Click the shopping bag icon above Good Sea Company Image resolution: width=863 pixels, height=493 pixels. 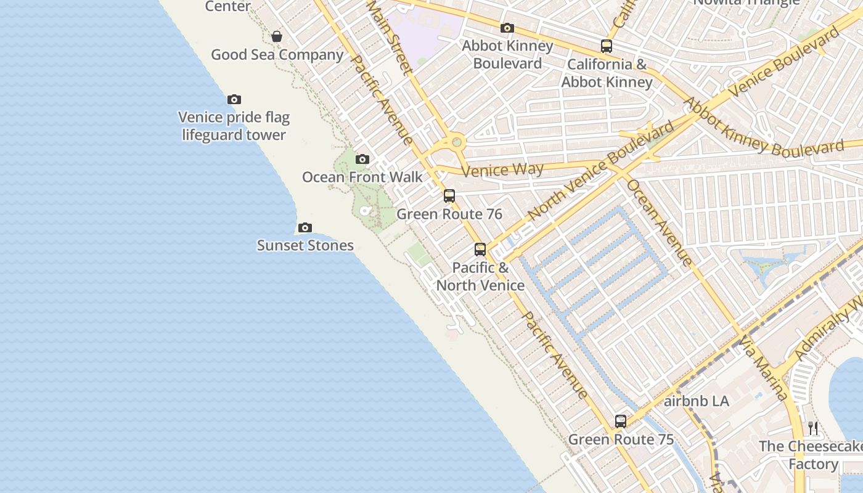click(277, 36)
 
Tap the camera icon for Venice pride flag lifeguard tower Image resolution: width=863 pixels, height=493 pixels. click(234, 99)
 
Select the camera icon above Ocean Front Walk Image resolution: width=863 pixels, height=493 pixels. click(362, 160)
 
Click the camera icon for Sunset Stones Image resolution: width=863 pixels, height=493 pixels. click(305, 228)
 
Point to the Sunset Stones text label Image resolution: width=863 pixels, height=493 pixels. click(305, 245)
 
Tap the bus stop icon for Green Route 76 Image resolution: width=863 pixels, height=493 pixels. click(449, 196)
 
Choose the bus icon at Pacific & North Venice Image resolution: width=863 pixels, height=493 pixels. click(480, 250)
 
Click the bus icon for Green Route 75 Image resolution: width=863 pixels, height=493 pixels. click(621, 422)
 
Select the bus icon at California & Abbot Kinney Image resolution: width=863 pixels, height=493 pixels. click(607, 46)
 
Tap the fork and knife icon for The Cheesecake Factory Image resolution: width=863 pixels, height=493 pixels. click(813, 428)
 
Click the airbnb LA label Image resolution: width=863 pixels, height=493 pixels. click(697, 401)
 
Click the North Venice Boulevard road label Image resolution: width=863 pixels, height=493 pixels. click(601, 171)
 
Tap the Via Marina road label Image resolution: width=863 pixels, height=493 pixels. click(764, 369)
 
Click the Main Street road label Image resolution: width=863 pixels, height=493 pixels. click(389, 37)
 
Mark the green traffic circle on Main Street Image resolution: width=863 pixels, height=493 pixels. click(456, 142)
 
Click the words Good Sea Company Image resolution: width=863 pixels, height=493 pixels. click(277, 54)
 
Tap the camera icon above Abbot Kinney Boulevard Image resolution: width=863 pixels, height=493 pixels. click(507, 28)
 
